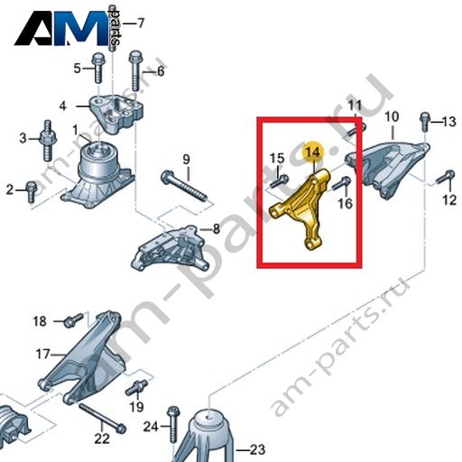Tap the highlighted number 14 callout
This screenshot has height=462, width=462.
tap(313, 152)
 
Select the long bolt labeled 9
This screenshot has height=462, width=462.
tap(185, 187)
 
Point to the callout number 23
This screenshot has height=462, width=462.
tap(257, 449)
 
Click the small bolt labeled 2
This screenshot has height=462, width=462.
tap(31, 191)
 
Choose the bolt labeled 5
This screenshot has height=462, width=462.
tap(97, 68)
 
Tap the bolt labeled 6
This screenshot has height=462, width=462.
tap(135, 70)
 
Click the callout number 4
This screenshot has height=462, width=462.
tap(62, 106)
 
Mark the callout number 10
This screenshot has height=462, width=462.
tap(392, 116)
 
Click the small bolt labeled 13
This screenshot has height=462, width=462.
tap(424, 122)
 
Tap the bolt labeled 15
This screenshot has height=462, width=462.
tap(280, 181)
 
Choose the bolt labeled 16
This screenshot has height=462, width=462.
tap(341, 183)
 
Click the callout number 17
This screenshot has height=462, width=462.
tap(42, 354)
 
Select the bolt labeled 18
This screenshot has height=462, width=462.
tap(73, 320)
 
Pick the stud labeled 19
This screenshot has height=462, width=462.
tap(136, 387)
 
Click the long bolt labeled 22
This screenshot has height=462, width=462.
tap(102, 419)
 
